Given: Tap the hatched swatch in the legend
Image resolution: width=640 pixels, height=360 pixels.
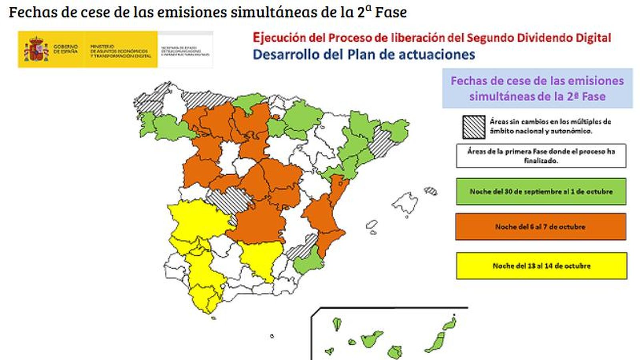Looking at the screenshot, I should (474, 127).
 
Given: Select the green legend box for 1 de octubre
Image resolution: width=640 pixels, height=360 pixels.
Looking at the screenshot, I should (541, 191).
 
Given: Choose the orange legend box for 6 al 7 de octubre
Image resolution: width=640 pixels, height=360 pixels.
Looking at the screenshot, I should (540, 226).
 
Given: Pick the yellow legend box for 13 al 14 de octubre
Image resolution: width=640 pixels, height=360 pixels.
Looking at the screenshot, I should (541, 266).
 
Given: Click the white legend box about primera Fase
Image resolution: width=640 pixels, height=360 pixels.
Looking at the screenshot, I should (541, 156).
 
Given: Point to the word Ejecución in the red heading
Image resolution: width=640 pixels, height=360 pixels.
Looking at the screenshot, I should (279, 38).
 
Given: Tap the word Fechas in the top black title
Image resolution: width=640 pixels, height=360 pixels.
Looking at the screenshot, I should (33, 12).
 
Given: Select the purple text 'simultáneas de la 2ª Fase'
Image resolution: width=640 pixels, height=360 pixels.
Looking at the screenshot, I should (537, 96).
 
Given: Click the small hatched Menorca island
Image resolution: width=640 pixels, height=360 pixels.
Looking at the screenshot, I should (431, 190).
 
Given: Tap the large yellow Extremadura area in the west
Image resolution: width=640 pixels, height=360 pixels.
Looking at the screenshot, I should (196, 220).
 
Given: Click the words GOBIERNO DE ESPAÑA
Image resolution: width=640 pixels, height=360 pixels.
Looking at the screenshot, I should (65, 49).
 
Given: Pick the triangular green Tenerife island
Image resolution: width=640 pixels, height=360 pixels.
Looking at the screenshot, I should (372, 340).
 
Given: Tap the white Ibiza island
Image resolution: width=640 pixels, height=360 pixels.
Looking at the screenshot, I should (372, 225).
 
